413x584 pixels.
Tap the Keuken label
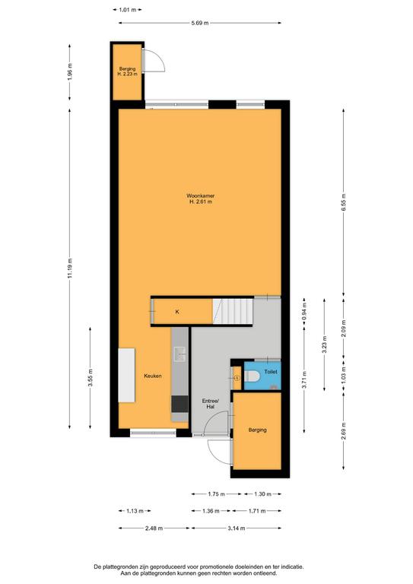pyautogui.click(x=153, y=376)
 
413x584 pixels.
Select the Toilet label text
pyautogui.click(x=271, y=372)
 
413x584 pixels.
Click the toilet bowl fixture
pyautogui.click(x=252, y=376)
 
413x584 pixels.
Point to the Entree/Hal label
pyautogui.click(x=211, y=404)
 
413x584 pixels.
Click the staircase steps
pyautogui.click(x=234, y=311)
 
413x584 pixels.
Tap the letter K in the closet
pyautogui.click(x=177, y=312)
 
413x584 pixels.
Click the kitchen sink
pyautogui.click(x=179, y=354)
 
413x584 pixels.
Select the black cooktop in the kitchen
pyautogui.click(x=179, y=404)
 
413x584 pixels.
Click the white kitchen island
pyautogui.click(x=126, y=375)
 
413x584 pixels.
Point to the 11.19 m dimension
pyautogui.click(x=70, y=268)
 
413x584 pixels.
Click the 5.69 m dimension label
pyautogui.click(x=200, y=23)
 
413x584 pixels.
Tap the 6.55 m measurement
pyautogui.click(x=343, y=202)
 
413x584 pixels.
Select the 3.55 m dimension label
pyautogui.click(x=90, y=378)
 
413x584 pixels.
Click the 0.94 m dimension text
pyautogui.click(x=304, y=315)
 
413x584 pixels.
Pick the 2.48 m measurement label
pyautogui.click(x=154, y=528)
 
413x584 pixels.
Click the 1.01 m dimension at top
pyautogui.click(x=127, y=10)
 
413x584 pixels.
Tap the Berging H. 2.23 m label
pyautogui.click(x=127, y=71)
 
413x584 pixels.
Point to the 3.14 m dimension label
pyautogui.click(x=236, y=528)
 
